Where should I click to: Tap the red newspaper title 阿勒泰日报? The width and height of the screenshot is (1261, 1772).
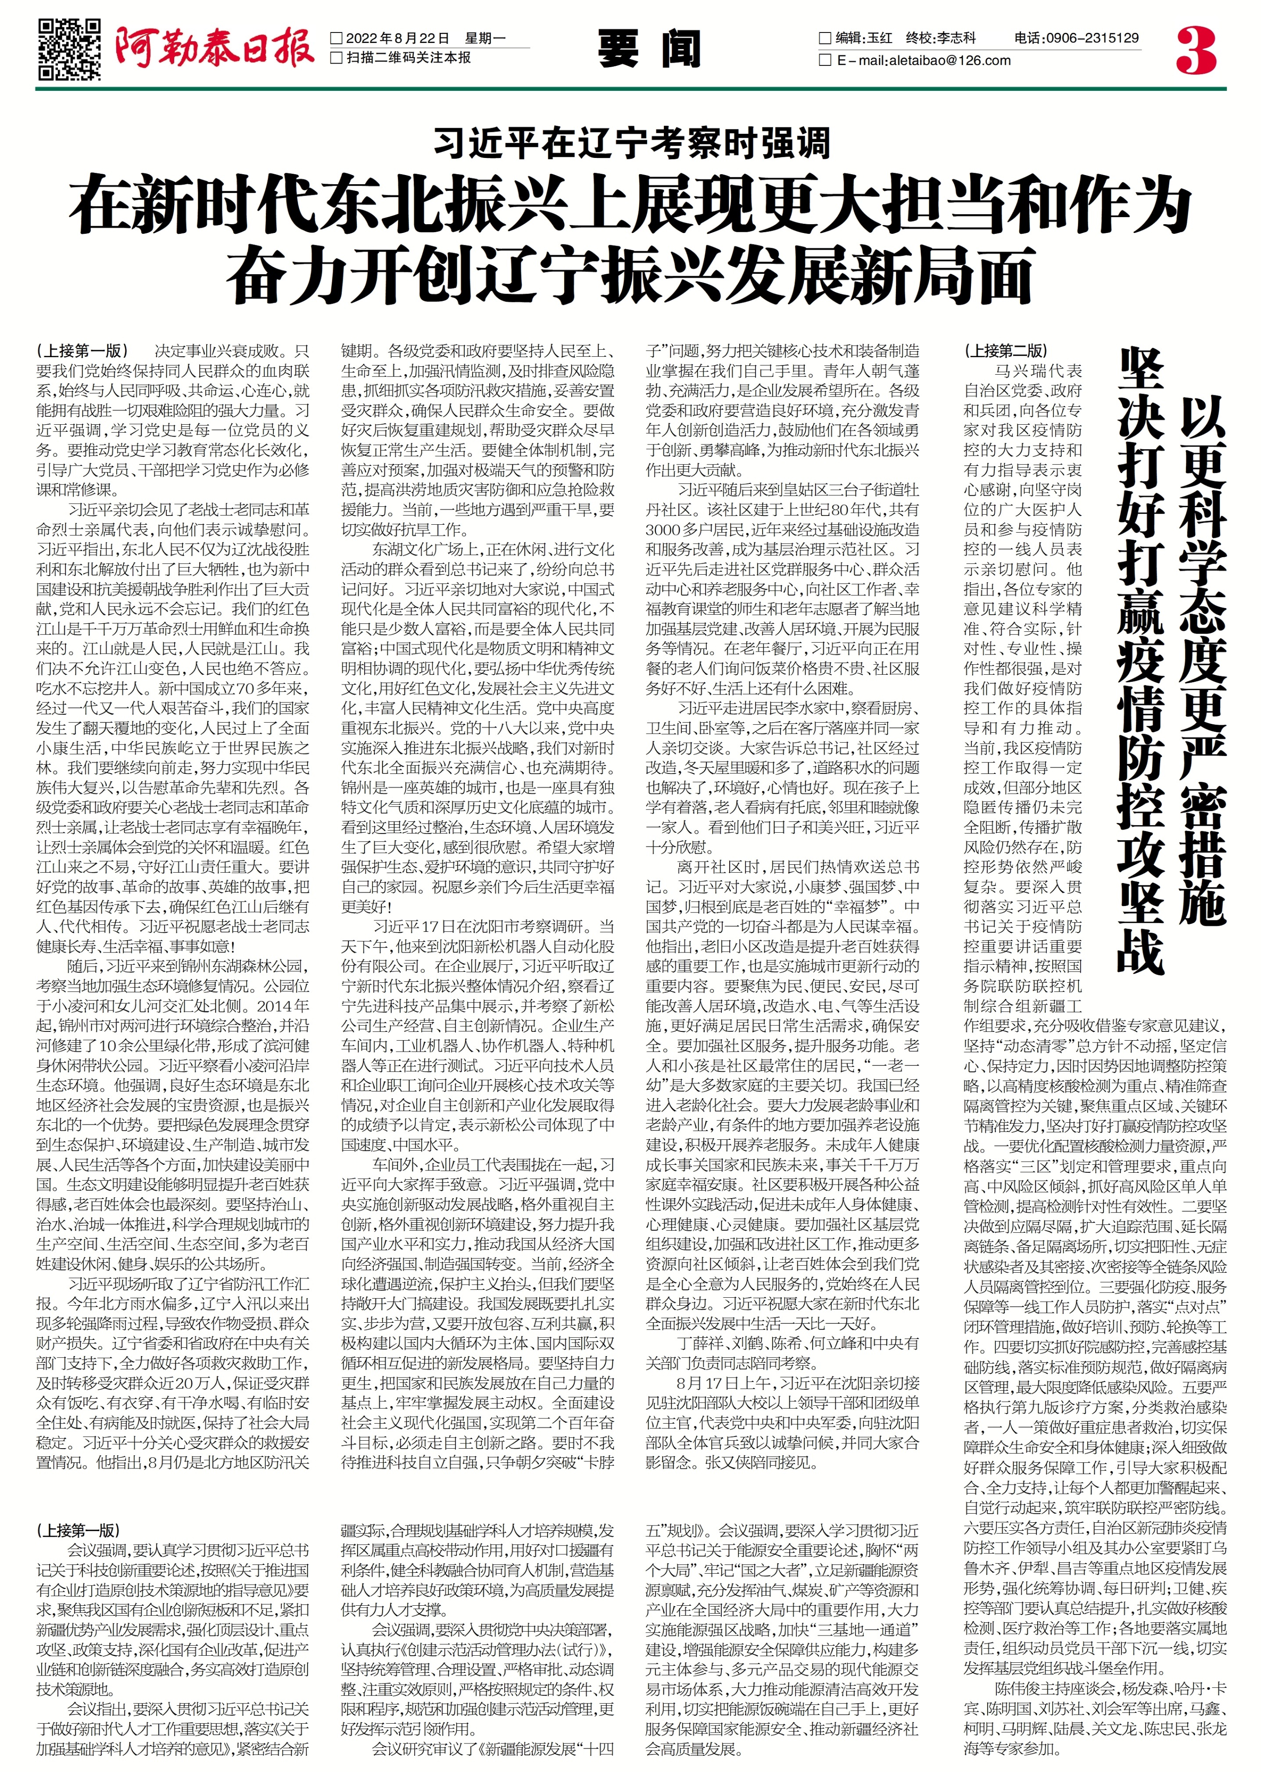tap(214, 49)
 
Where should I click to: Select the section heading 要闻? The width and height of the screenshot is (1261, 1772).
tap(649, 50)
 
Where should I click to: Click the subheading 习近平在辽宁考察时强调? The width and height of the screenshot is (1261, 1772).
tap(630, 143)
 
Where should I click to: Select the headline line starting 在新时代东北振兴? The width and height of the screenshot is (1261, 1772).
tap(630, 206)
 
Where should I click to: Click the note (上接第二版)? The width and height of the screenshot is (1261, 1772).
tap(1006, 350)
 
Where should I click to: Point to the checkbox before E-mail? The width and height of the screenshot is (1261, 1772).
tap(825, 60)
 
